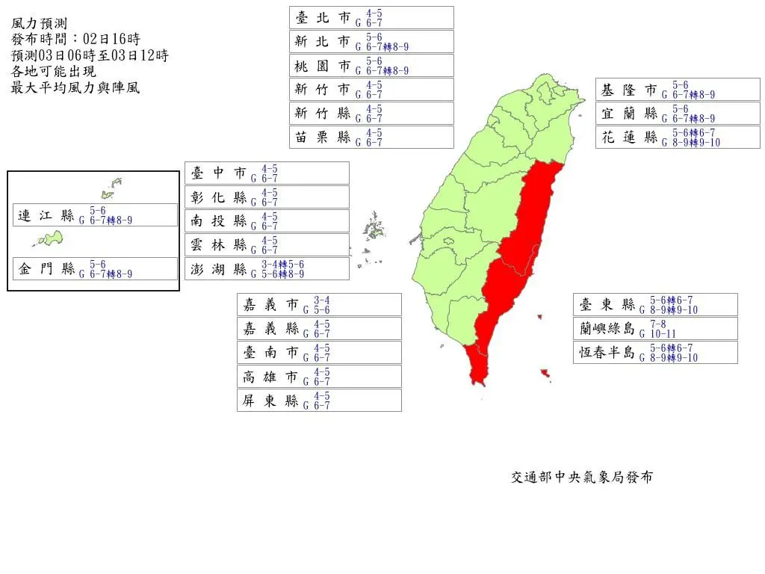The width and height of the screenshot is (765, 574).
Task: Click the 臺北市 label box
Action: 371,18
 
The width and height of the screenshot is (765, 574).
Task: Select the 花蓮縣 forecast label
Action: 678,138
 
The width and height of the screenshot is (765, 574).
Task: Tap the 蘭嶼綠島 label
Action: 655,329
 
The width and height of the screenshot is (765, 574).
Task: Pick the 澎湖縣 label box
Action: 267,269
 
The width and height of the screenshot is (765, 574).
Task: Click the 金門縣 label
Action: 95,269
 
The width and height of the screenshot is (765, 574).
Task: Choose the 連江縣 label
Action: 95,215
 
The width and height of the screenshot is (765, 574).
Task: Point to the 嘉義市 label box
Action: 319,305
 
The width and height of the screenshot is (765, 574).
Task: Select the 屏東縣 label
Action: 319,401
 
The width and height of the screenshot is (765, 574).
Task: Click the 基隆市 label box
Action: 678,90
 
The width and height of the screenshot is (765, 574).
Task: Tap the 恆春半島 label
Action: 655,353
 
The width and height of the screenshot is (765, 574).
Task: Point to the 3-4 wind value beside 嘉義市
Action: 322,300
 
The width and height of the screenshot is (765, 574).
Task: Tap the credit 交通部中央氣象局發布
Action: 581,477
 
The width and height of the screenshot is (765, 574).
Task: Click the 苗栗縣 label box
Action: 371,138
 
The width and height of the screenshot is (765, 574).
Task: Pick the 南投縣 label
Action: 267,221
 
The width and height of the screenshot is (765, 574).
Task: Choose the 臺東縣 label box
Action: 655,305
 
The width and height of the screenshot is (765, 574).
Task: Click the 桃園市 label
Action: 371,66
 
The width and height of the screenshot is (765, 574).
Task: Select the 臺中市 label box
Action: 267,173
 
